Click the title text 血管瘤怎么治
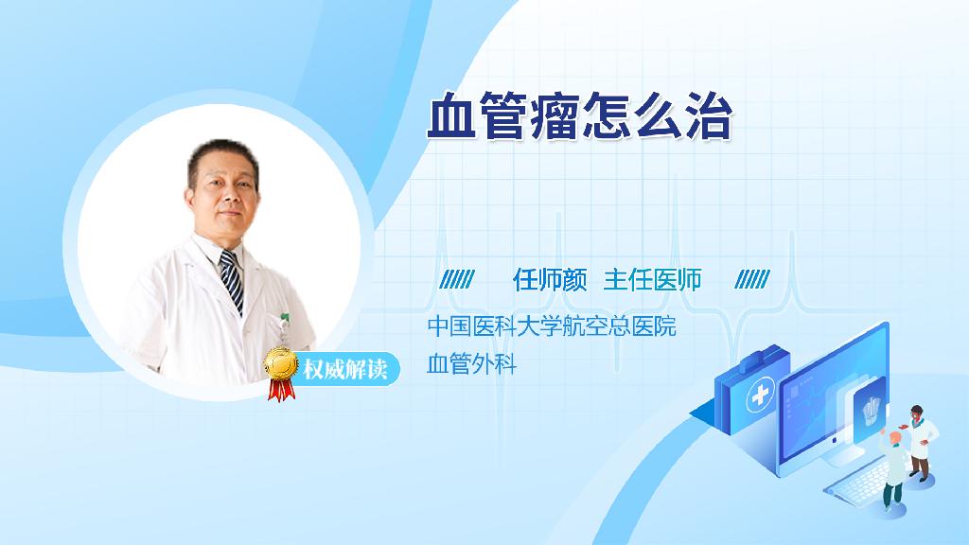coord(580,115)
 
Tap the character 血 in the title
coord(451,115)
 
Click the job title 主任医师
coord(652,280)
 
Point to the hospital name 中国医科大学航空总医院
coord(552,326)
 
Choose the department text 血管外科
coord(471,364)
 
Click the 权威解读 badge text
coord(345,369)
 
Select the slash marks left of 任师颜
coord(457,280)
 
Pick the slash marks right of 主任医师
coord(752,280)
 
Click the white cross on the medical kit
coord(760,395)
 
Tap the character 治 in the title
coord(708,115)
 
